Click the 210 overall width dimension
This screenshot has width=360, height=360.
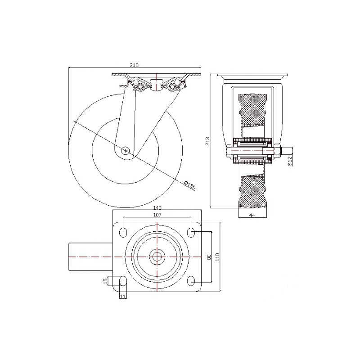click(134, 65)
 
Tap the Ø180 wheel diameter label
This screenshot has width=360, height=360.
click(190, 185)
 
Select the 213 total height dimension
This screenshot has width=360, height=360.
click(207, 141)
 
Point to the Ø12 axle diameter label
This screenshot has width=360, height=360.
click(289, 161)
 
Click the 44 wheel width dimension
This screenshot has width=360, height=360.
click(252, 215)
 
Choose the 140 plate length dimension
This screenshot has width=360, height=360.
click(157, 208)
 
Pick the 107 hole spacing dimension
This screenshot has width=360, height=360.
click(157, 215)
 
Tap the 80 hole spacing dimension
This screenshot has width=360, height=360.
click(209, 257)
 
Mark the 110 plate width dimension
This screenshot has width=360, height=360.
click(218, 257)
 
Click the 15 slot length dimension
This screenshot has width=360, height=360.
click(105, 281)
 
